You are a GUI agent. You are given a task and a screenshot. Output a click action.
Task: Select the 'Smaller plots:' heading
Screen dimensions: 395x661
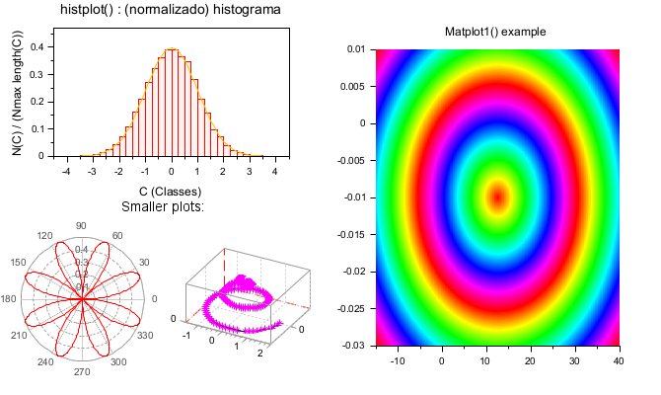point(163,207)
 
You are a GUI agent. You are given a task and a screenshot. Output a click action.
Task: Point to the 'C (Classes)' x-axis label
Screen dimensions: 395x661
point(170,191)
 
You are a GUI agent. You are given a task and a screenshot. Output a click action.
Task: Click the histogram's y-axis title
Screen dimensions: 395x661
point(17,94)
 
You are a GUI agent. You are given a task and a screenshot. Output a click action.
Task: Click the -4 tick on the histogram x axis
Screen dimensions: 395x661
point(65,171)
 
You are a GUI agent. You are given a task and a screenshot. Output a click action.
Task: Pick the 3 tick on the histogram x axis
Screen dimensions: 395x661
point(249,171)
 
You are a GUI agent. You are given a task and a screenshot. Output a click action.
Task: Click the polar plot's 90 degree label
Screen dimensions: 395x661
point(81,225)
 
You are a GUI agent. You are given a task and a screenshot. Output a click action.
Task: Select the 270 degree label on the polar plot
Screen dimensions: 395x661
point(81,372)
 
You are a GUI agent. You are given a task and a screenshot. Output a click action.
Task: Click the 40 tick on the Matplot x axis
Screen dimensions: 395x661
point(619,361)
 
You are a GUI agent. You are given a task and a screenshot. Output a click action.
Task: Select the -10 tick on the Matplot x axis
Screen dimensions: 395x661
point(399,361)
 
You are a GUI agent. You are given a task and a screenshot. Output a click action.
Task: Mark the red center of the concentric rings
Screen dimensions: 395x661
point(497,197)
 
